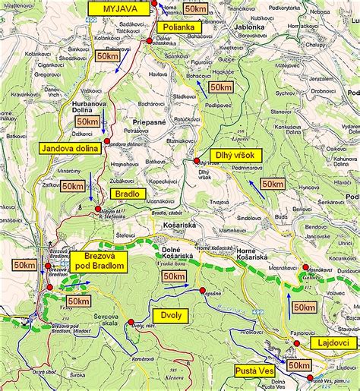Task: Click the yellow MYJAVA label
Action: coord(117,8)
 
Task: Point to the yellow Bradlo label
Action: coord(127,194)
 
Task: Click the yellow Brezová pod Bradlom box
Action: coord(99,265)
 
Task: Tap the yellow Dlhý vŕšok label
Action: coord(235,155)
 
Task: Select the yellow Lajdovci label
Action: coord(333,343)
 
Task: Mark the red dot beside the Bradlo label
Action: coord(98,209)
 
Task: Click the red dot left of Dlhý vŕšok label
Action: coord(196,161)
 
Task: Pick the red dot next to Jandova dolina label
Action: coord(107,140)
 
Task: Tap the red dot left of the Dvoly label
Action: coord(131,321)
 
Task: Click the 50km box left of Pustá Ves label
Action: coord(298,366)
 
